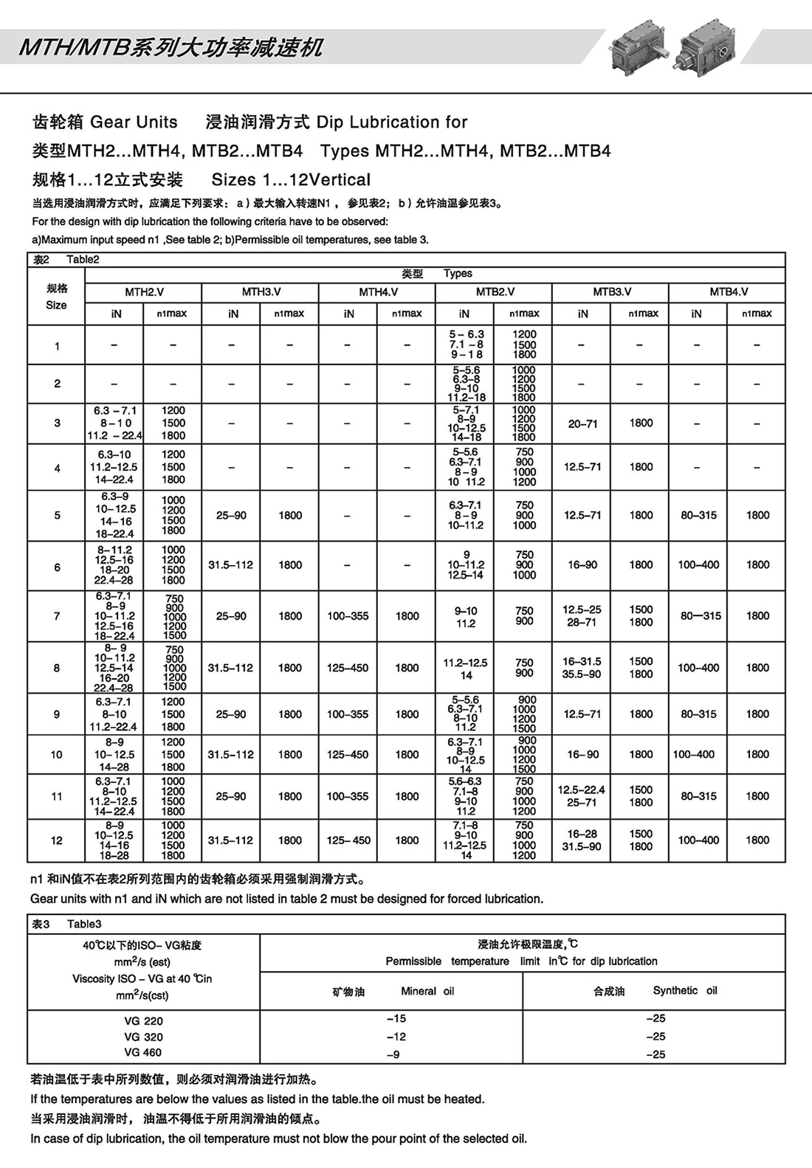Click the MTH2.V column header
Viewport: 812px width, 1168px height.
[x=144, y=292]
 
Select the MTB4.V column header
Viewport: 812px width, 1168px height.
[x=729, y=292]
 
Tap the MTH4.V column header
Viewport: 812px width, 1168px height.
[x=378, y=292]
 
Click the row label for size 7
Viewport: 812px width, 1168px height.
[x=57, y=616]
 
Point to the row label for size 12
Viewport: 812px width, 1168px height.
[x=57, y=840]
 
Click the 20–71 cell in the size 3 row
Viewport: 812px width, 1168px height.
[x=583, y=424]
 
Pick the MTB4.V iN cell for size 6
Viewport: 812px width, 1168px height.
[x=698, y=565]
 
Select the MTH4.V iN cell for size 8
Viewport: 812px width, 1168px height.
[x=348, y=668]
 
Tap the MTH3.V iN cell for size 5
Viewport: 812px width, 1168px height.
[x=231, y=516]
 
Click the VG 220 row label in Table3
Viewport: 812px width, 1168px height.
[x=143, y=1021]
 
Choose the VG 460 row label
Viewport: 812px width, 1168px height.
[x=143, y=1053]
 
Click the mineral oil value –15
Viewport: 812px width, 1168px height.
[x=396, y=1019]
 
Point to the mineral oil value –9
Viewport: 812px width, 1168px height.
[x=393, y=1054]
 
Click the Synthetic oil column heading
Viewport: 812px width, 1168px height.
[x=655, y=991]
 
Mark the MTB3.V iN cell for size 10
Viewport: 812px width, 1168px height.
[x=583, y=755]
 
